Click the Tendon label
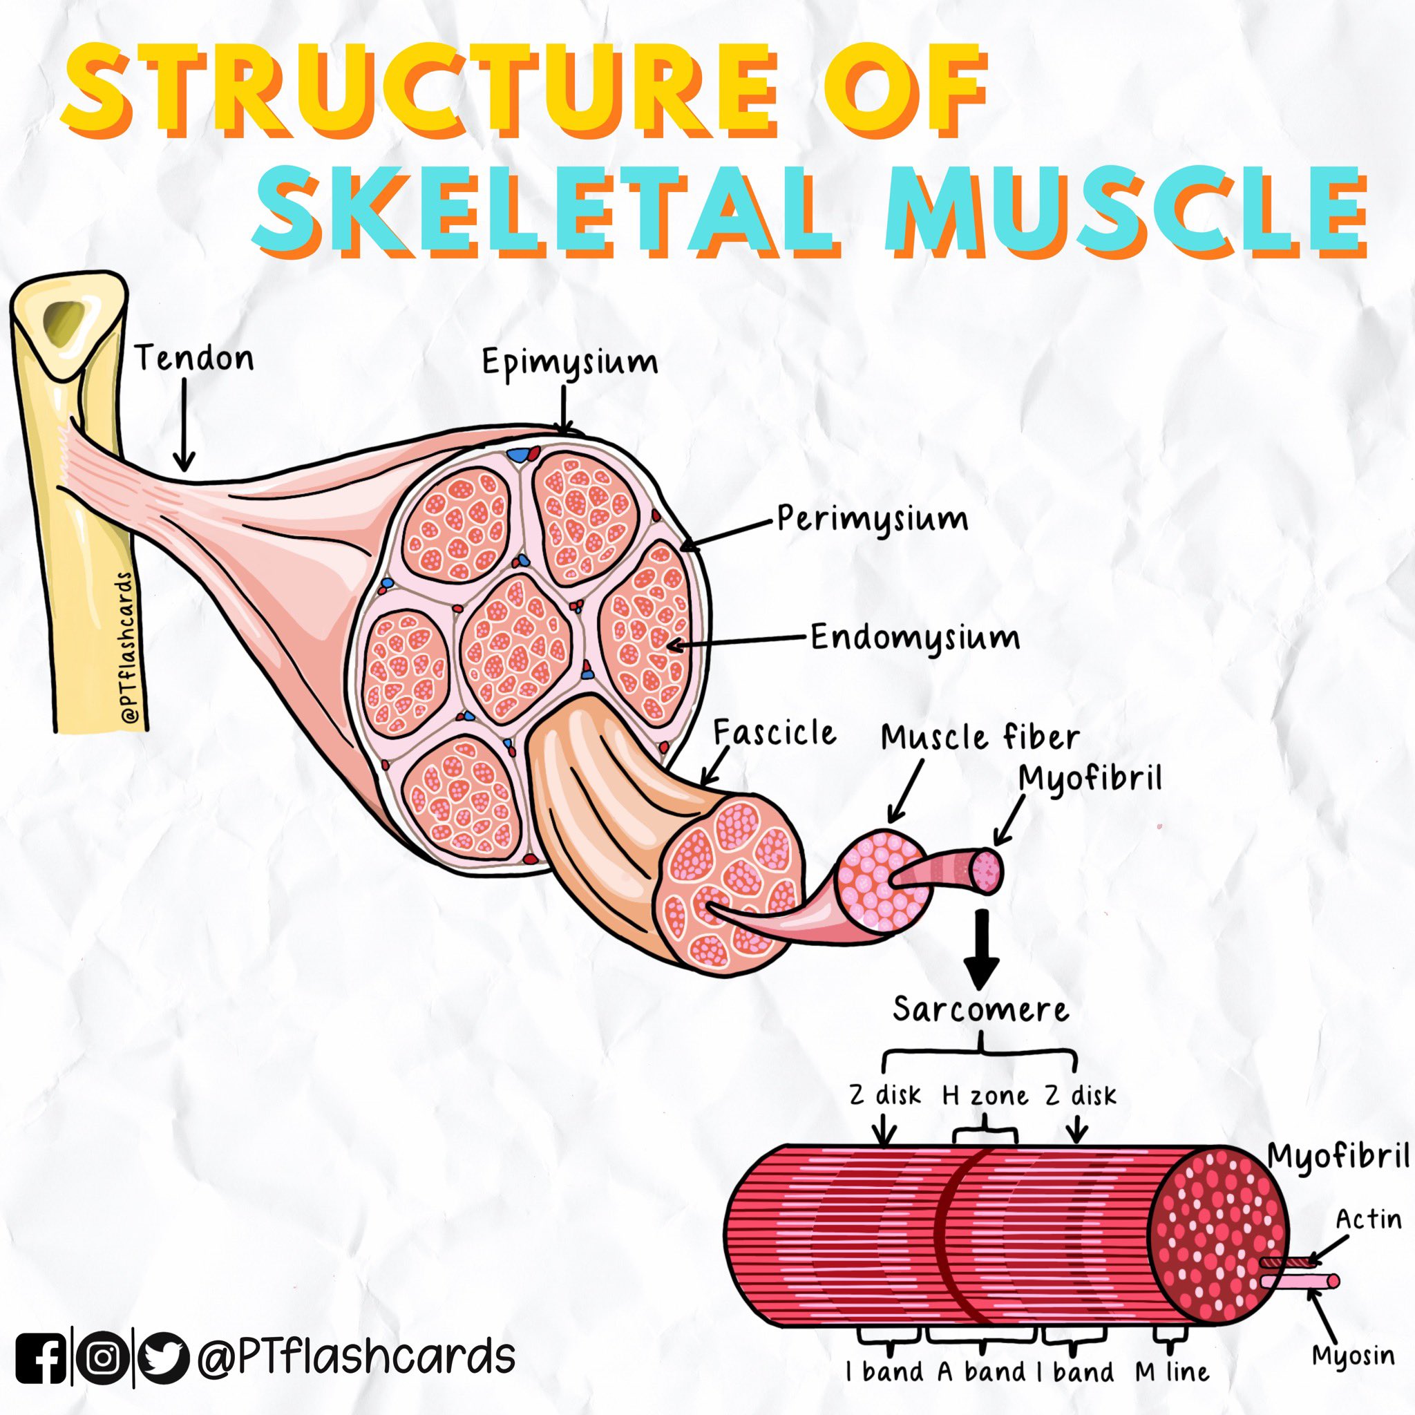(x=194, y=359)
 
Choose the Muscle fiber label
(x=979, y=737)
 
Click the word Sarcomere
(x=980, y=1010)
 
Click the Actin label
(x=1368, y=1219)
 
